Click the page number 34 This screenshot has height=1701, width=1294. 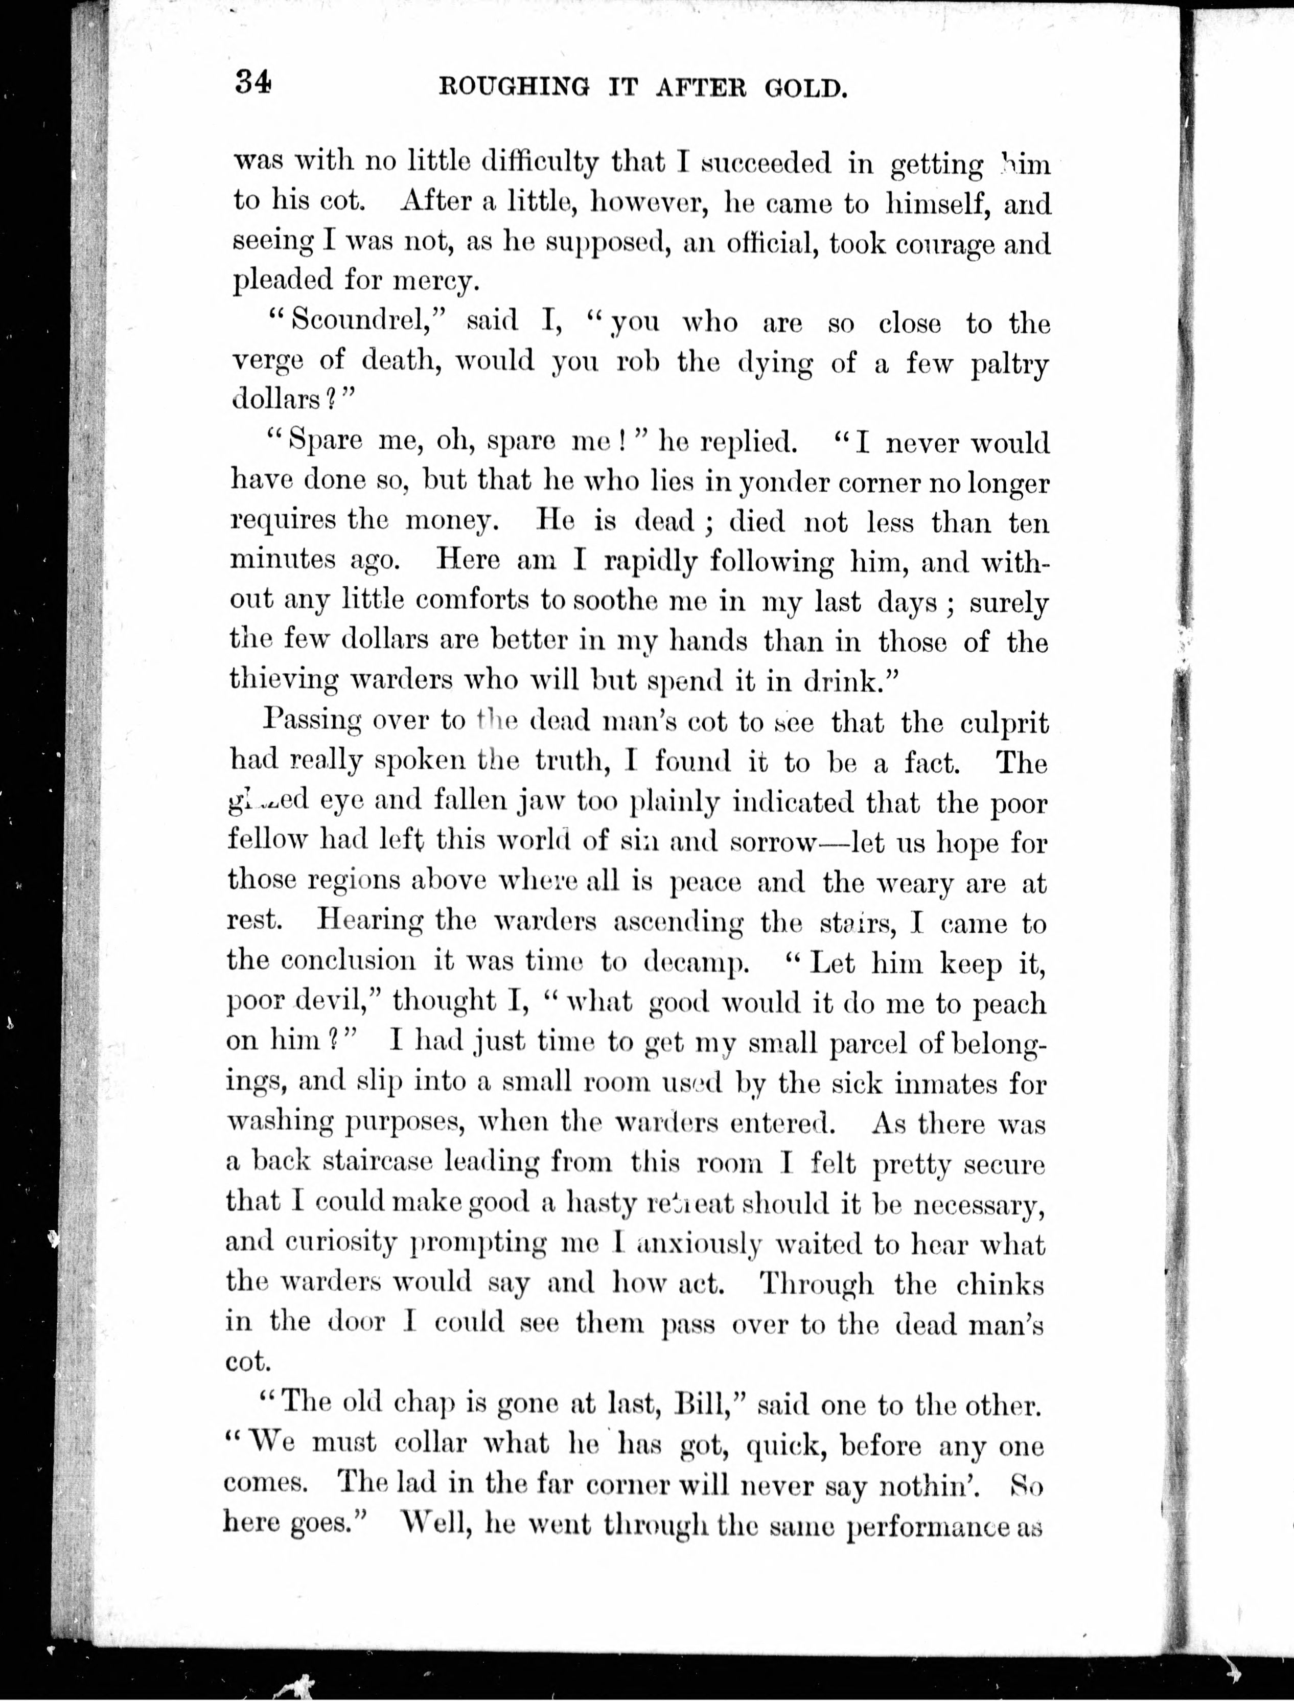point(253,82)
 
